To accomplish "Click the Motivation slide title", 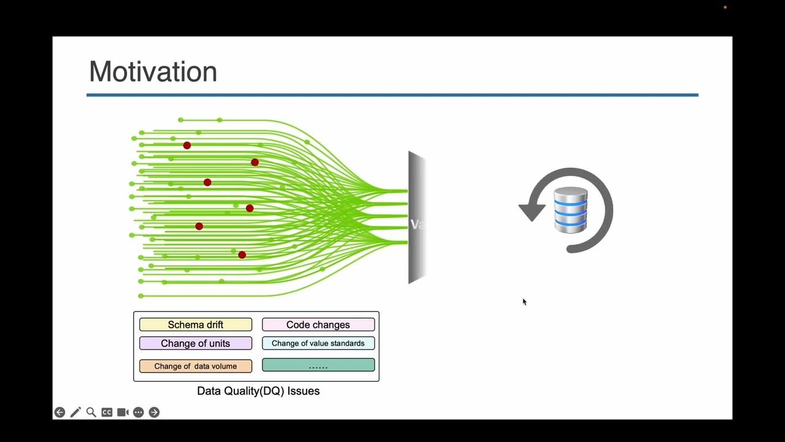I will [153, 72].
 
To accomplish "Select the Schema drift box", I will [196, 325].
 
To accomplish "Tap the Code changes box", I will [318, 325].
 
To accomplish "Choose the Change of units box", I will [196, 343].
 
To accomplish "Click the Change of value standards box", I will [318, 343].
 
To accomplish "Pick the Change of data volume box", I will [196, 366].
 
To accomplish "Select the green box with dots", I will [318, 365].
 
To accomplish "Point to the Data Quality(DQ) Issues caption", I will [258, 390].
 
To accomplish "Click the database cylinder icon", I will [570, 210].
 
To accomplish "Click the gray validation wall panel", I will [417, 217].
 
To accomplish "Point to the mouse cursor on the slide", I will [524, 301].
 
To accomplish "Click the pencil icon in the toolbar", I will [75, 413].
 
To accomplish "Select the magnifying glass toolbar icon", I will [91, 413].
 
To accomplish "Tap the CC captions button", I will [107, 413].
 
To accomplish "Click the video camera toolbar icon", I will [123, 413].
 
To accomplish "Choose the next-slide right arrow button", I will [154, 413].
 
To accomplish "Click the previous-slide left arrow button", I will [59, 413].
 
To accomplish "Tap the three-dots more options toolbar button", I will [139, 413].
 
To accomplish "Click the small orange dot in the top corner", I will [725, 7].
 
